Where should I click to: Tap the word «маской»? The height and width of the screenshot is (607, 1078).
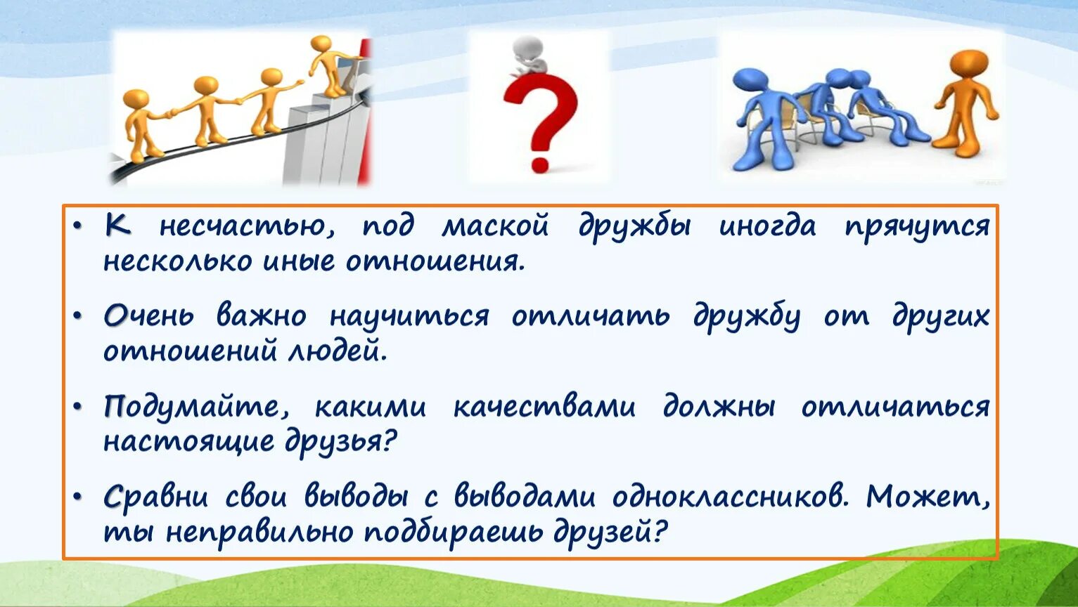pyautogui.click(x=495, y=227)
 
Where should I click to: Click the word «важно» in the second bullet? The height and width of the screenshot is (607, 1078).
pyautogui.click(x=261, y=316)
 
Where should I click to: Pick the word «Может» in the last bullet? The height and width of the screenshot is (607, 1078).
pyautogui.click(x=927, y=497)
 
